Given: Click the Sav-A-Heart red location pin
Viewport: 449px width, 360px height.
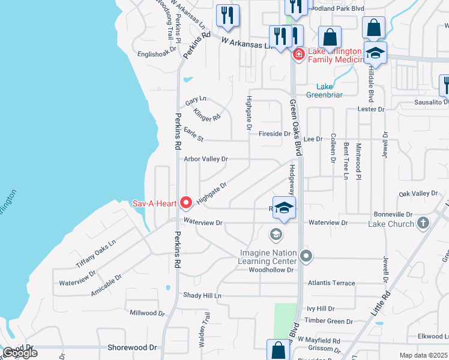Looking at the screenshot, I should (186, 203).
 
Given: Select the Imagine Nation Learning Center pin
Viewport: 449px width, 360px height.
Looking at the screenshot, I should (306, 257).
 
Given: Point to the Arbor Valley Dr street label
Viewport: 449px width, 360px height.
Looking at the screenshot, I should (206, 159).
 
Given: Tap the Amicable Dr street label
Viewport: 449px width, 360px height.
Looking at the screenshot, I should (106, 284).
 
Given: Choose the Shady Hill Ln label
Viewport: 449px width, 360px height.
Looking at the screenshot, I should (202, 296).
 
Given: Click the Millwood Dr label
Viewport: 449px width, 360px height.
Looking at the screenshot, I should (143, 313).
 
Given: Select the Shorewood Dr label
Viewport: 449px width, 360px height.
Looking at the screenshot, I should (131, 347).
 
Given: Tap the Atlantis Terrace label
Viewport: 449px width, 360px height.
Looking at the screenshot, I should (331, 283).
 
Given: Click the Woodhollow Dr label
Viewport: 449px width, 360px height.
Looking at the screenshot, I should (271, 270).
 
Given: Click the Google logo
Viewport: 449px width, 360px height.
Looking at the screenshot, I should (20, 353).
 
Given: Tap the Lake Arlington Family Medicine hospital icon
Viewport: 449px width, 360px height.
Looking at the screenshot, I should (298, 55).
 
